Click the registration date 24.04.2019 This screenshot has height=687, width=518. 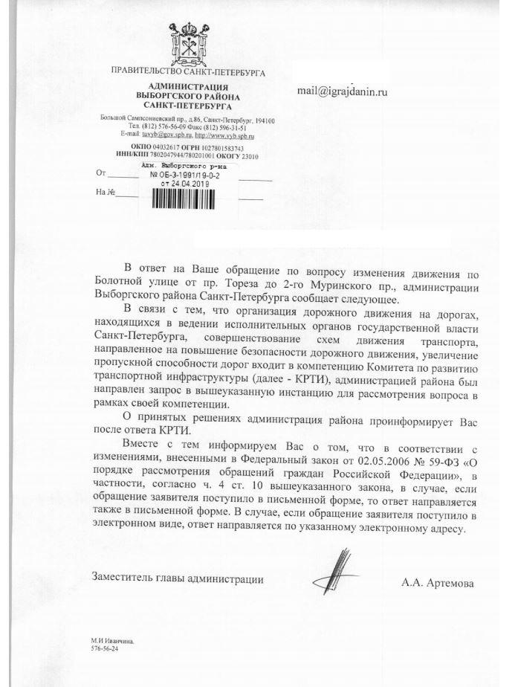[x=194, y=182]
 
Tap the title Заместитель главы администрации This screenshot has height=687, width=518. [x=176, y=577]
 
